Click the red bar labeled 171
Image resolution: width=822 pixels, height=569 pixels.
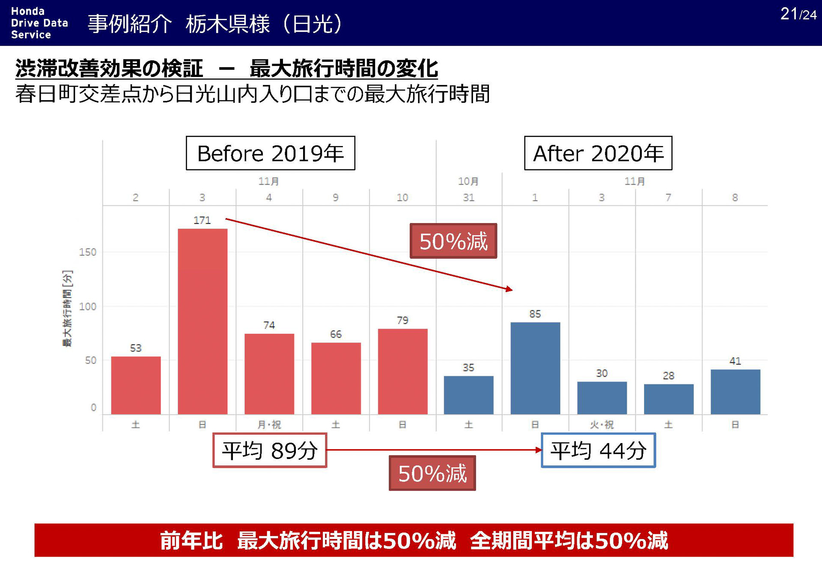(x=203, y=321)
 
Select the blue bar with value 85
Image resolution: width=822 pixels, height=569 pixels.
(x=535, y=368)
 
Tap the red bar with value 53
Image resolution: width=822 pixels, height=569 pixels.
(x=136, y=385)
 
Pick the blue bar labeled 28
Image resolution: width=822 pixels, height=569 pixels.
(x=668, y=399)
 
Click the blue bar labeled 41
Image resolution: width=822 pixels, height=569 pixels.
(x=735, y=392)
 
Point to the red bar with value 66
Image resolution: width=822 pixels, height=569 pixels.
(x=336, y=378)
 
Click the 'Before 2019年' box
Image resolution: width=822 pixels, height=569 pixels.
(x=270, y=153)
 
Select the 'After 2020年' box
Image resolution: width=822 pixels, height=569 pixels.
(x=598, y=153)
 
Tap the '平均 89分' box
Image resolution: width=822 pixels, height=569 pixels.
(x=270, y=450)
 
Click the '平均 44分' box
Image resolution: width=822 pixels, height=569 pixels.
(x=598, y=450)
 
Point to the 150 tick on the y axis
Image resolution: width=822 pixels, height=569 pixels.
(x=88, y=252)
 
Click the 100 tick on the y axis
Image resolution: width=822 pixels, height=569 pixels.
(x=88, y=307)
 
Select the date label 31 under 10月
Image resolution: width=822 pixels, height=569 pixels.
(x=468, y=197)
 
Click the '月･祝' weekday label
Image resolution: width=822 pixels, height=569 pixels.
(x=269, y=425)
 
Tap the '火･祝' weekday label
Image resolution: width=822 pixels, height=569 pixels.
(x=602, y=425)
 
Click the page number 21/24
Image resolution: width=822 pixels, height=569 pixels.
(x=798, y=14)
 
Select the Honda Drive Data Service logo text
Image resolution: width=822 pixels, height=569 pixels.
(x=39, y=23)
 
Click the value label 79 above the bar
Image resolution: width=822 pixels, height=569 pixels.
(x=402, y=320)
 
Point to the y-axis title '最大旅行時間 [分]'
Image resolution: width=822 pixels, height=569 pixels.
(x=68, y=308)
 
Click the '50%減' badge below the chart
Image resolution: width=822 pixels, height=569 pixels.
(x=432, y=473)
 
